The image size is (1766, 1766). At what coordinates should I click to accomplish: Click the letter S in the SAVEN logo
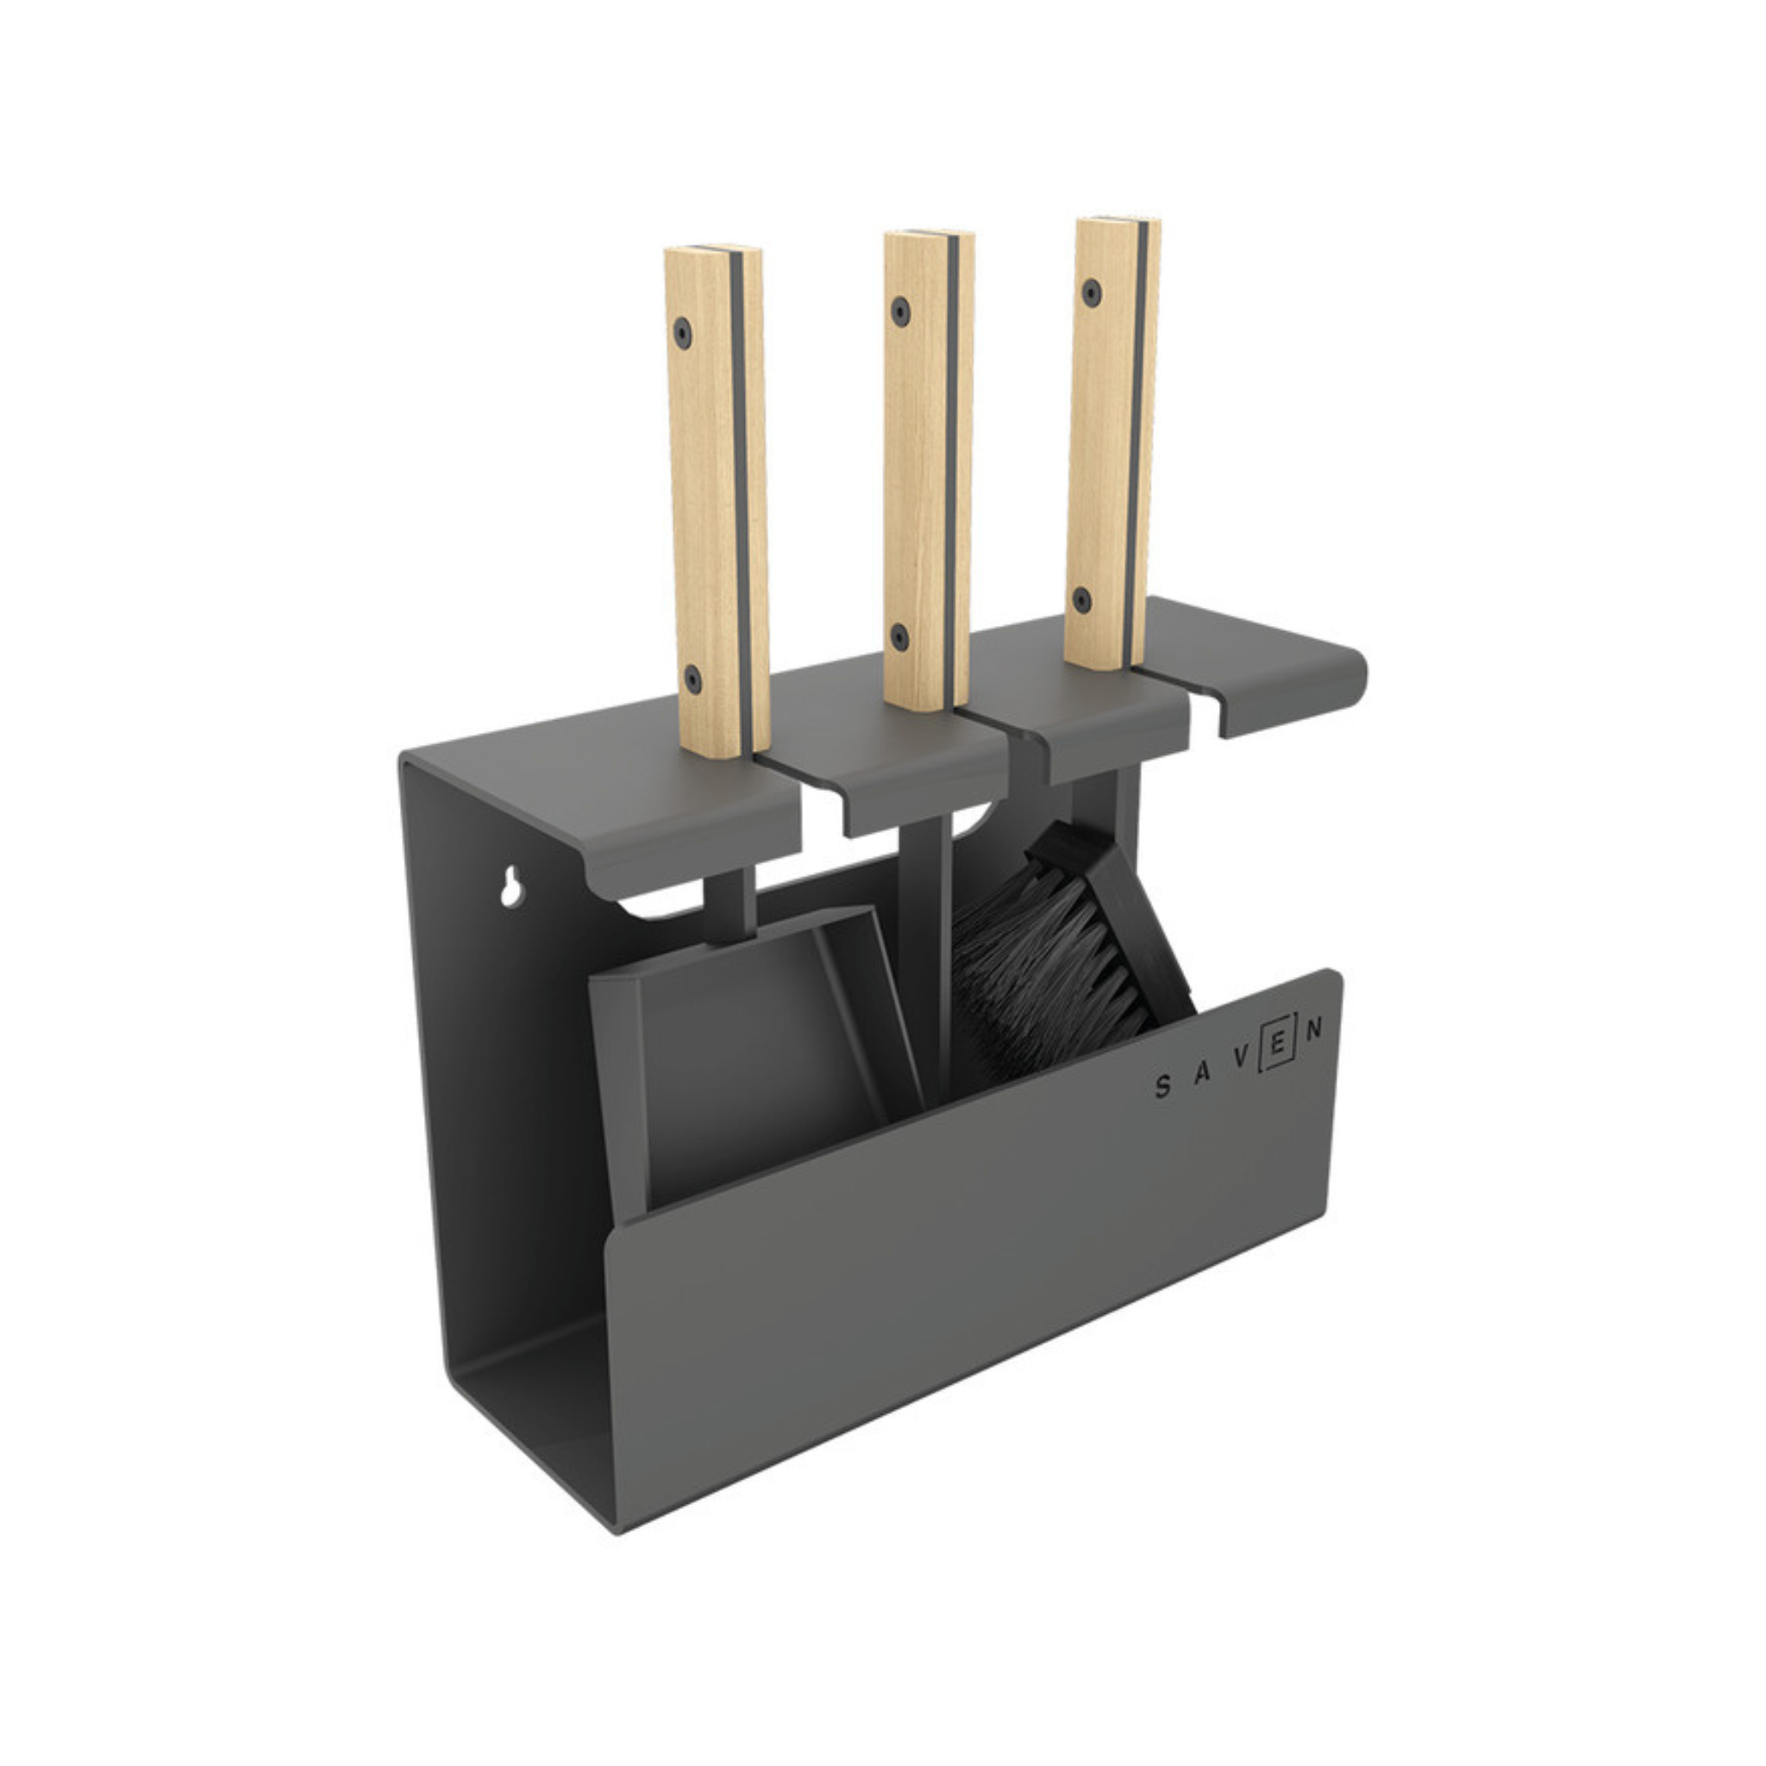(x=1162, y=1087)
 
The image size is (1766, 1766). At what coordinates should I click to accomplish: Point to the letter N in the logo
(x=1313, y=1030)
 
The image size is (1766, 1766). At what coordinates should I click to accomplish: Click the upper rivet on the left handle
(x=682, y=332)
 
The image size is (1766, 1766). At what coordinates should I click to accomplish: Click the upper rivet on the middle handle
(x=902, y=310)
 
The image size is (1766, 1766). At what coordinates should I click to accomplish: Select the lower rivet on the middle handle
(x=899, y=635)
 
